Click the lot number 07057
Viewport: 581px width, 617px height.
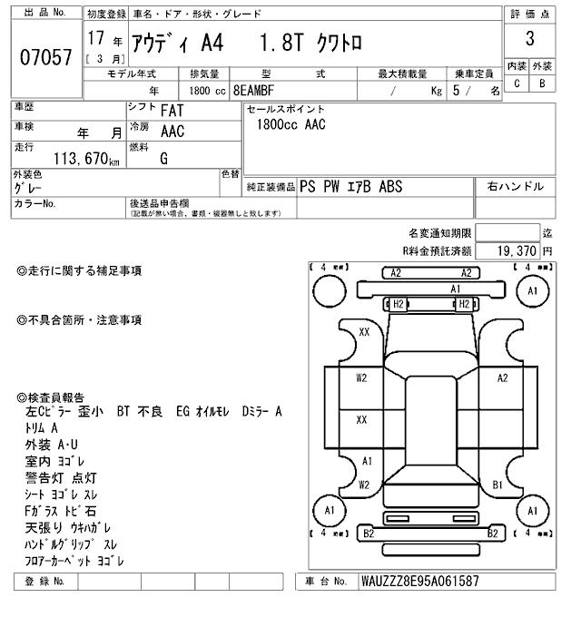pyautogui.click(x=45, y=57)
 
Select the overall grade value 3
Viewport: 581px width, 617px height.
pyautogui.click(x=528, y=41)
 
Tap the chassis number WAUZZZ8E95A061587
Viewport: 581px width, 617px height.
pyautogui.click(x=419, y=581)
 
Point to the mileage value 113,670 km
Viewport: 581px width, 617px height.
pyautogui.click(x=86, y=158)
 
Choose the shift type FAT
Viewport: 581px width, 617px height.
pyautogui.click(x=174, y=110)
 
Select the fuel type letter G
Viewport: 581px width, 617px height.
pyautogui.click(x=163, y=157)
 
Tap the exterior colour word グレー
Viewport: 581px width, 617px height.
pyautogui.click(x=30, y=188)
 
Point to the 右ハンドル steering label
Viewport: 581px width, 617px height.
pyautogui.click(x=516, y=187)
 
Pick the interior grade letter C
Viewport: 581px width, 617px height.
pyautogui.click(x=517, y=83)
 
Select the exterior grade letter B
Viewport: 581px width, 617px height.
pyautogui.click(x=542, y=83)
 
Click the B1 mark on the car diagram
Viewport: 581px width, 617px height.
pyautogui.click(x=497, y=485)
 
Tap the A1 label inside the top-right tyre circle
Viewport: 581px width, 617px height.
pyautogui.click(x=533, y=291)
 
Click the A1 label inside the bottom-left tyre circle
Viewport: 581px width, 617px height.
pyautogui.click(x=328, y=514)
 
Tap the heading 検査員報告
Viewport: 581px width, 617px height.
pyautogui.click(x=52, y=397)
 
